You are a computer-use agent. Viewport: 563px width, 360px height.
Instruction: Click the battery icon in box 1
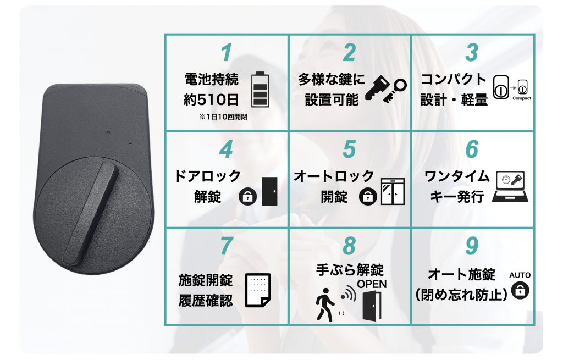(x=260, y=90)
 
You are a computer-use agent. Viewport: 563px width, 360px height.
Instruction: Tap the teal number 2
(x=349, y=53)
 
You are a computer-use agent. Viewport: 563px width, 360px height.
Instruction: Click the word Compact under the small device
(x=522, y=98)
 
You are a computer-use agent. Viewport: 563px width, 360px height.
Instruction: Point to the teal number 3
(x=472, y=53)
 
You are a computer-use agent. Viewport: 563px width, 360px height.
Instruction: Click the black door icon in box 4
(x=269, y=191)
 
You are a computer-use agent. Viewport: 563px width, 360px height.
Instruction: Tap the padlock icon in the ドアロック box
(x=248, y=196)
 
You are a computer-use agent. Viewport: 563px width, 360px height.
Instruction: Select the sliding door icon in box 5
(x=393, y=191)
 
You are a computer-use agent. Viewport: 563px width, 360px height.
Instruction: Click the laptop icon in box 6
(x=510, y=186)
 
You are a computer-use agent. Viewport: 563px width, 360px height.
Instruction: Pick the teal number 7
(x=227, y=246)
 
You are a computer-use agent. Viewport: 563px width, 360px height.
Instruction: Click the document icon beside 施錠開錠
(x=258, y=290)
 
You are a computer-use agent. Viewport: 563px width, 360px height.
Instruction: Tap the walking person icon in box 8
(x=325, y=304)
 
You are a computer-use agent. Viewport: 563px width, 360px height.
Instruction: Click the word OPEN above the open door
(x=372, y=284)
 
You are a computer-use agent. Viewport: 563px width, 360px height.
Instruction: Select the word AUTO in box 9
(x=520, y=275)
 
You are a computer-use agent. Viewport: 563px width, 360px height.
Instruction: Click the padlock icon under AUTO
(x=520, y=290)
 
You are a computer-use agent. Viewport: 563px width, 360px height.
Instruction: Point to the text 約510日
(x=211, y=99)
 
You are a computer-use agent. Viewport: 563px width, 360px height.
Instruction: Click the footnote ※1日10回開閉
(x=223, y=117)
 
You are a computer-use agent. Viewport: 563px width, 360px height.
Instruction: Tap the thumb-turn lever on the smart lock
(x=91, y=213)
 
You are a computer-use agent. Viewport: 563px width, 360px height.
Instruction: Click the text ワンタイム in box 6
(x=457, y=176)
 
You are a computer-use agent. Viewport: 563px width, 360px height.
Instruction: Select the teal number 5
(x=349, y=149)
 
